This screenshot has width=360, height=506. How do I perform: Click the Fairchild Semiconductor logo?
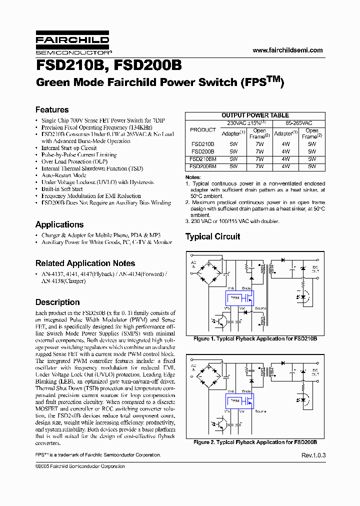(72, 44)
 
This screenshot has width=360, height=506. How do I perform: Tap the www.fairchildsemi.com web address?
(287, 50)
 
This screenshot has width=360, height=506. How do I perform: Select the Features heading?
(52, 109)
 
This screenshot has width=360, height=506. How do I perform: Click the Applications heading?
(59, 224)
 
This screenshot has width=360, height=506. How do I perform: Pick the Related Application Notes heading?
(85, 263)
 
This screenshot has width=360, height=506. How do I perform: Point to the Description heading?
(57, 302)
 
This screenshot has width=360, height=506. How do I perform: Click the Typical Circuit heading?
(212, 236)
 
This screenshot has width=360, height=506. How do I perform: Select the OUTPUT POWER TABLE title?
(255, 115)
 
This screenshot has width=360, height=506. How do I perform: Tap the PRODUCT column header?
(203, 129)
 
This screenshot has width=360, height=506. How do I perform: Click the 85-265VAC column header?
(299, 122)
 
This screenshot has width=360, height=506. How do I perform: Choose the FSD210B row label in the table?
(203, 144)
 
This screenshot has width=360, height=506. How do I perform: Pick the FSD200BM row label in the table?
(203, 165)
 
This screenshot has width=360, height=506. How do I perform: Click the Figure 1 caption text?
(255, 339)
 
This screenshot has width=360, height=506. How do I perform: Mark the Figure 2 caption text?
(255, 442)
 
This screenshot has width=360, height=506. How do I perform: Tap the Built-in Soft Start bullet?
(62, 189)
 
